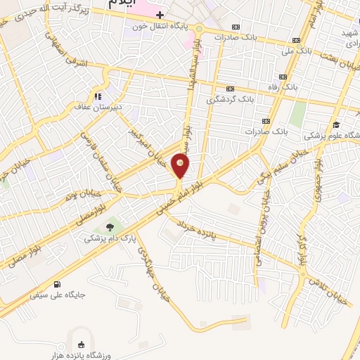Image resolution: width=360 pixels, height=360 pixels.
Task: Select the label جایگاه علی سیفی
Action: (58, 295)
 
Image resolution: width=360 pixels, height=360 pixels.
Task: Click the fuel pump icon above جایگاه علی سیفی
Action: (57, 285)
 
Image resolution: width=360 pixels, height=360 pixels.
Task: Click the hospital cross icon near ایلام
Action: (160, 15)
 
